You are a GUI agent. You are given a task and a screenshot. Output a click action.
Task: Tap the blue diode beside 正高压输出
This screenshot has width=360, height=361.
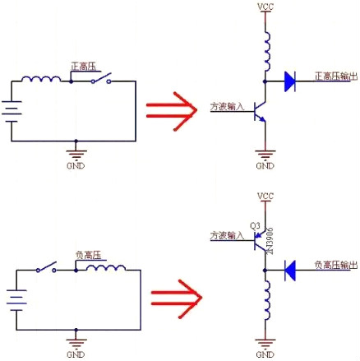click(288, 81)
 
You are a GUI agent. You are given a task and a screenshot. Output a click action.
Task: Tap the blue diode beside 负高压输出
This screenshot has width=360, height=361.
click(288, 267)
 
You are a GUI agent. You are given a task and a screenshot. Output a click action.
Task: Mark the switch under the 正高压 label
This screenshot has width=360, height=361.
click(101, 81)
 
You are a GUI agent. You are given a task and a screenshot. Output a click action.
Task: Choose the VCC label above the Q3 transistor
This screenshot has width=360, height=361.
click(265, 197)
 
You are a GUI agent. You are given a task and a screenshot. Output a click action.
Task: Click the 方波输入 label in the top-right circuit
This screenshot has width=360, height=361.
click(228, 106)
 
